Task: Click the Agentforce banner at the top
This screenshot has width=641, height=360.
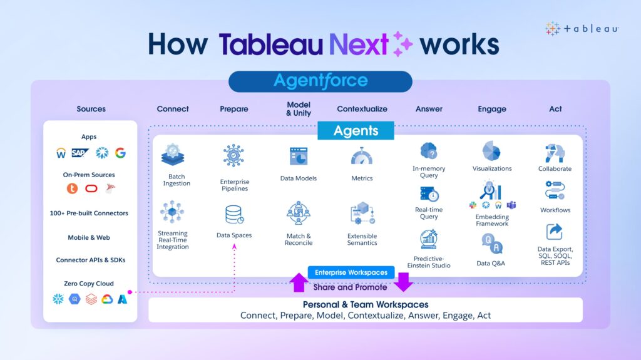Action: [320, 81]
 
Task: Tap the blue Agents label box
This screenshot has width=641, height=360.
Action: [356, 130]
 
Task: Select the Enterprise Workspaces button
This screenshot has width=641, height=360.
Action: [351, 272]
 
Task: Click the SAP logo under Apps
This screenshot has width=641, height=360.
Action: [79, 153]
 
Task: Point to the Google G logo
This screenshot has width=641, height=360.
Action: [120, 153]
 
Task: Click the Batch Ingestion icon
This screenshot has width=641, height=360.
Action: [173, 155]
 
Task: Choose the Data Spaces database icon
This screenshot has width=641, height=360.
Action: [234, 215]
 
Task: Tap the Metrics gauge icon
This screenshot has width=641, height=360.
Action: [362, 157]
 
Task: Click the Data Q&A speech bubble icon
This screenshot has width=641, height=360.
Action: [491, 244]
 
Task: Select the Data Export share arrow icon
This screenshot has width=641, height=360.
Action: [555, 232]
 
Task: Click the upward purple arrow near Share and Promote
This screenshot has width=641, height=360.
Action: [299, 282]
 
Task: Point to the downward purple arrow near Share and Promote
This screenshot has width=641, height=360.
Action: [404, 282]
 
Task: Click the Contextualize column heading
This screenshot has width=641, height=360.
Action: [362, 109]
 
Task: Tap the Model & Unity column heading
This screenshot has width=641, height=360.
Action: [299, 109]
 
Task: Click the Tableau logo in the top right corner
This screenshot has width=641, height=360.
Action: [582, 29]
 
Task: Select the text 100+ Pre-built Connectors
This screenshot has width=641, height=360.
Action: [89, 213]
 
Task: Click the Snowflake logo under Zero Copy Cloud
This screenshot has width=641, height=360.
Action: [58, 299]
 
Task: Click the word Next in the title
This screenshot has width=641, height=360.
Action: [359, 44]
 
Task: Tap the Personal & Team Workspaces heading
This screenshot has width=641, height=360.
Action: [366, 305]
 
